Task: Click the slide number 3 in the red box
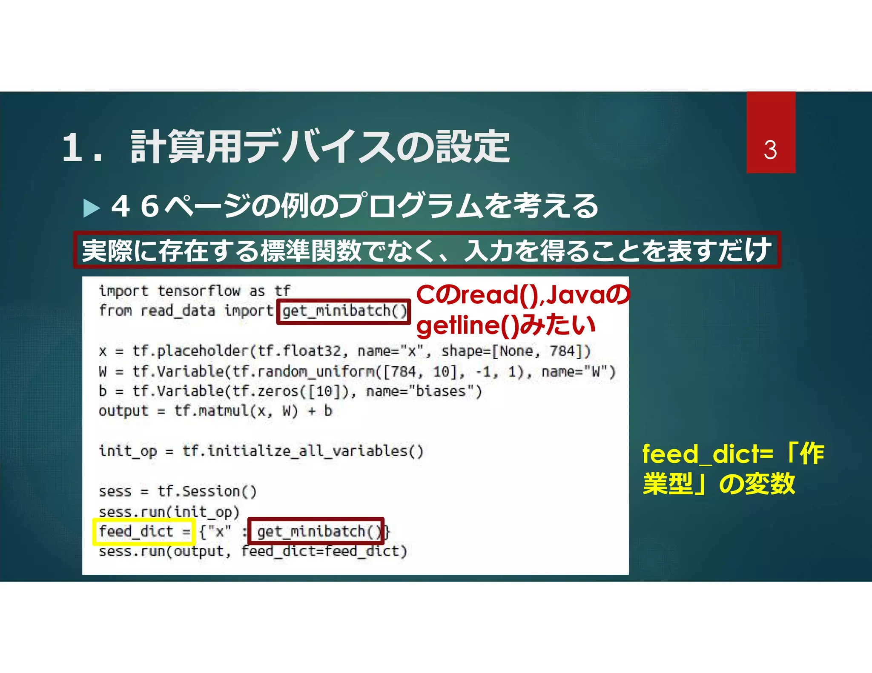(770, 150)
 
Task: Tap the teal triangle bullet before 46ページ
(91, 208)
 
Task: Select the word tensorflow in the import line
(198, 291)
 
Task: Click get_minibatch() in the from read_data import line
(344, 311)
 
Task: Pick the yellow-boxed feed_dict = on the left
(143, 531)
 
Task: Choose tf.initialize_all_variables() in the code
(303, 451)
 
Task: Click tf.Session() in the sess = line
(207, 491)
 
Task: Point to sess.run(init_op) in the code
(169, 512)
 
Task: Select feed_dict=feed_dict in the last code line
(324, 551)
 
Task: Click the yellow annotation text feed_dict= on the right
(707, 454)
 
